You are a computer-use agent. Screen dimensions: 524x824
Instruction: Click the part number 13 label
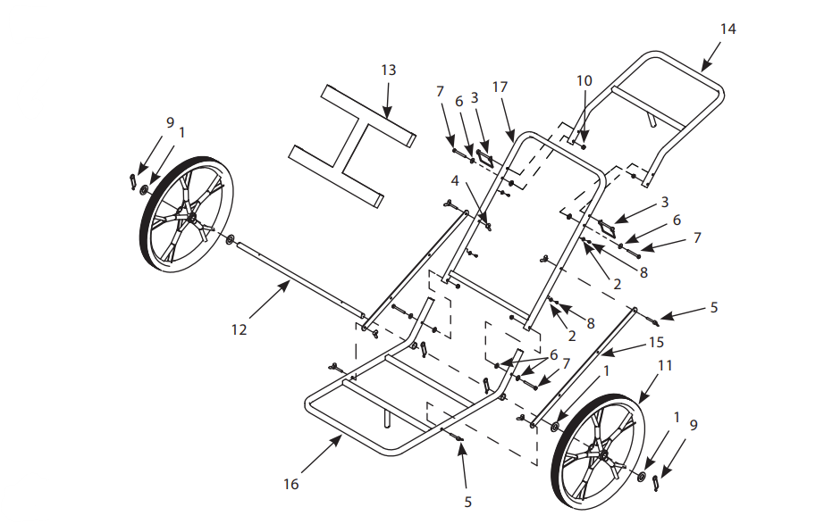tap(388, 70)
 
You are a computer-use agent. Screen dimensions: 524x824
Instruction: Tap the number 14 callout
tap(727, 29)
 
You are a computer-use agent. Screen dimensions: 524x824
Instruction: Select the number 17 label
tap(500, 87)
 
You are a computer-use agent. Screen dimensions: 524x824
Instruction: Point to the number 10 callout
tap(584, 80)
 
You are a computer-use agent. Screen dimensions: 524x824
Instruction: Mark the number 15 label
tap(657, 343)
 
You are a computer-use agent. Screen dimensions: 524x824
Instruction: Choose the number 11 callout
tap(665, 365)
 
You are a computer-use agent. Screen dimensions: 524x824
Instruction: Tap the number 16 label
tap(290, 484)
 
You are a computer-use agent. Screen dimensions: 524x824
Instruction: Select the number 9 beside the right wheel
tap(694, 424)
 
